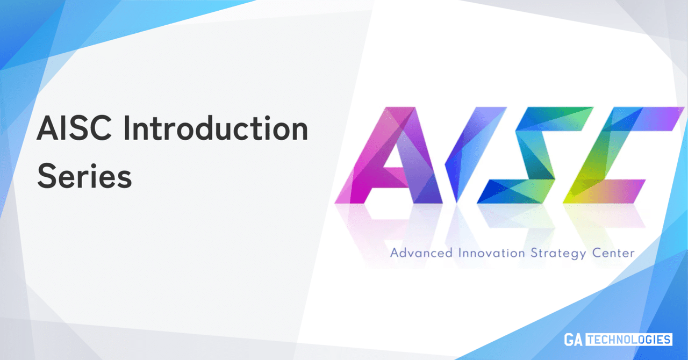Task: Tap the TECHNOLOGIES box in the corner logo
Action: coord(628,340)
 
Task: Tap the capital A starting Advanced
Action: coord(395,253)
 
